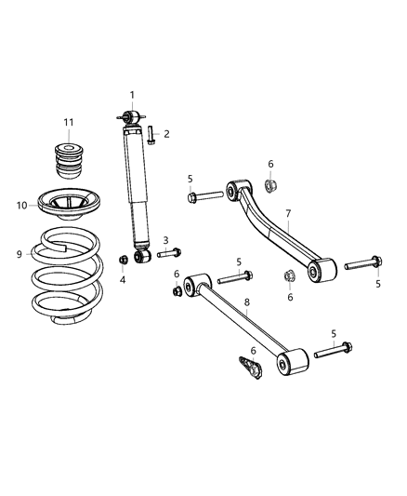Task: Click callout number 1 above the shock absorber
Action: coord(132,95)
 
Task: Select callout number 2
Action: coord(166,134)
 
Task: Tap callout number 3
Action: coord(165,239)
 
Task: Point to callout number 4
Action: coord(123,278)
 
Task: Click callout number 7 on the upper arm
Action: coord(288,213)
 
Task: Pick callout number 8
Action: coord(246,302)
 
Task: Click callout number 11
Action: coord(68,123)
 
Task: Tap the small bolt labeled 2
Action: coord(151,135)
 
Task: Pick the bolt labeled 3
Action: coord(168,252)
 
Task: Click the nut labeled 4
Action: coord(123,260)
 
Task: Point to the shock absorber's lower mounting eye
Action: coord(141,256)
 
